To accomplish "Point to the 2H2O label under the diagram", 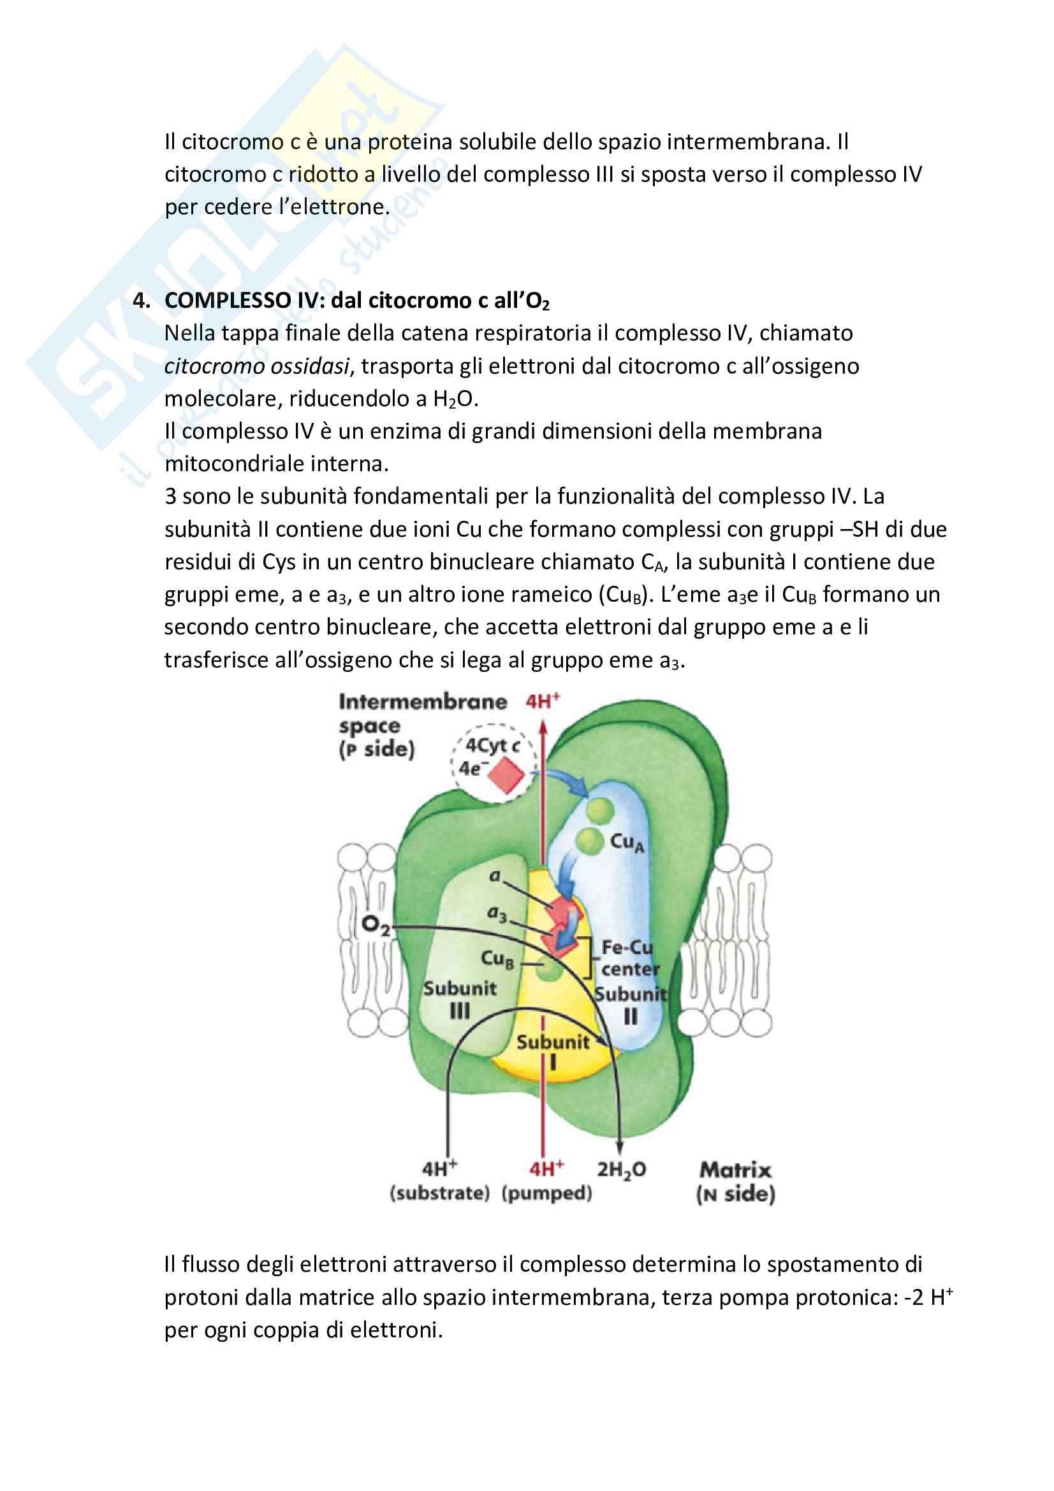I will coord(622,1170).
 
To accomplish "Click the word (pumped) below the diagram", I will coord(547,1193).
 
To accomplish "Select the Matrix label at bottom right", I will coord(736,1170).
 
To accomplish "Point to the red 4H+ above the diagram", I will coord(543,701).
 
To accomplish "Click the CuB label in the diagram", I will coord(497,958).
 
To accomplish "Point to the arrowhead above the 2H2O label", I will coord(620,1148).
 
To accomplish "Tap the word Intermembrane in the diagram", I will coord(423,701).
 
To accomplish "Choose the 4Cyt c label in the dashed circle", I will coord(493,746).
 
